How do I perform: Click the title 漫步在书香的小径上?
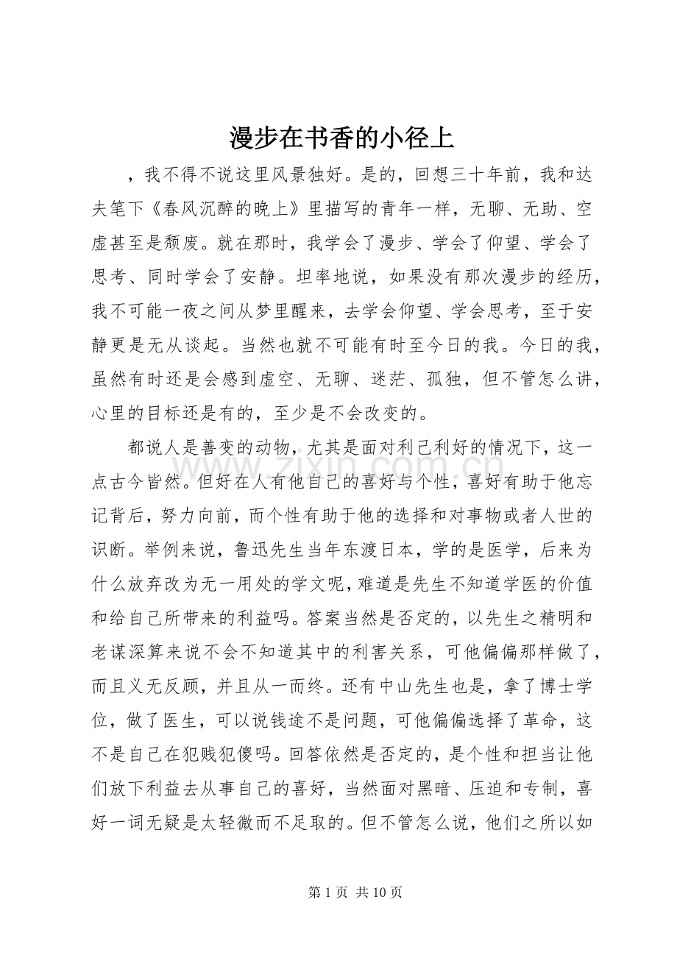tap(341, 137)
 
